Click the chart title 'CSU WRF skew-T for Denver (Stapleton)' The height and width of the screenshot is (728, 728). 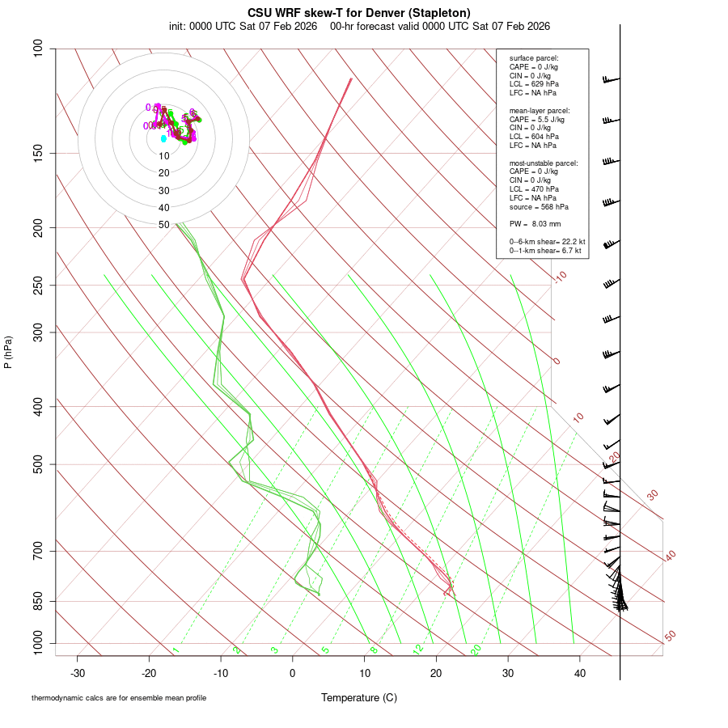(359, 13)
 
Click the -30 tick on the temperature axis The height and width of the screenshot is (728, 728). (78, 672)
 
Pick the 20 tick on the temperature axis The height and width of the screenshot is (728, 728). (436, 672)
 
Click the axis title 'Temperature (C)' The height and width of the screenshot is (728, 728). (359, 698)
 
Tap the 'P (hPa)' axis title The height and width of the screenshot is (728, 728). (8, 353)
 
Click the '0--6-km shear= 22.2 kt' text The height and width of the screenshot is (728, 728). (547, 242)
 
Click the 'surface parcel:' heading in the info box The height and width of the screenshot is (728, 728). (534, 58)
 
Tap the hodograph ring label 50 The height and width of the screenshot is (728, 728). (163, 225)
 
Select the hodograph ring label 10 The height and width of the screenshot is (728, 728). (163, 156)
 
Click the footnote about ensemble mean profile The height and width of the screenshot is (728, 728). (119, 698)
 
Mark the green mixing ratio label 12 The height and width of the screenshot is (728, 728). (418, 649)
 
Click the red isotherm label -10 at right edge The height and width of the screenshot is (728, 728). (561, 277)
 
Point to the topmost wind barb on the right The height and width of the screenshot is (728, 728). (611, 79)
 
